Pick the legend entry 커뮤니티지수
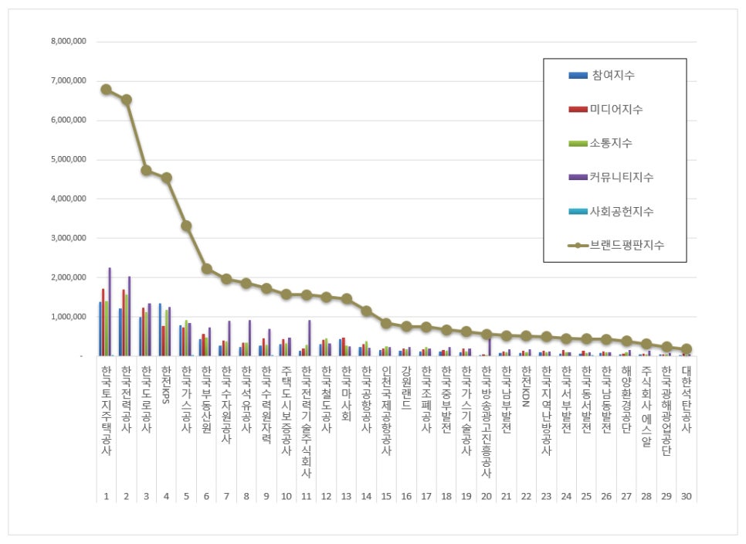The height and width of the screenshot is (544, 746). [622, 177]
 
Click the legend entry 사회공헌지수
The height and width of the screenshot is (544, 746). [622, 211]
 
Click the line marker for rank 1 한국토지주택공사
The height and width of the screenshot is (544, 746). [106, 90]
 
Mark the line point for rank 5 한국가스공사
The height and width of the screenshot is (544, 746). [186, 226]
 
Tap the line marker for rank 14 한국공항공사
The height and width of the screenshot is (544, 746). [366, 311]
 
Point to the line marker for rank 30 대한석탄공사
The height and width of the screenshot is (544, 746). [687, 348]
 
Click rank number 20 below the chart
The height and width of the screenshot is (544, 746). [487, 496]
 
